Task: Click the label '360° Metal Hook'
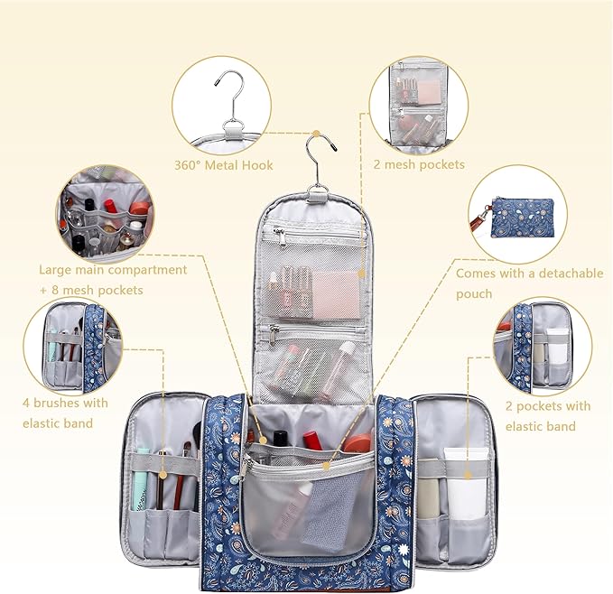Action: coord(223,165)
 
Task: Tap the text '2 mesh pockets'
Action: coord(419,164)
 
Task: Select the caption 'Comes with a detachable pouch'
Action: coord(529,283)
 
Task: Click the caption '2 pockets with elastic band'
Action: coord(548,415)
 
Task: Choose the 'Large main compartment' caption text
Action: coord(113,269)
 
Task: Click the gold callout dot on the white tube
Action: coord(469,469)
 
